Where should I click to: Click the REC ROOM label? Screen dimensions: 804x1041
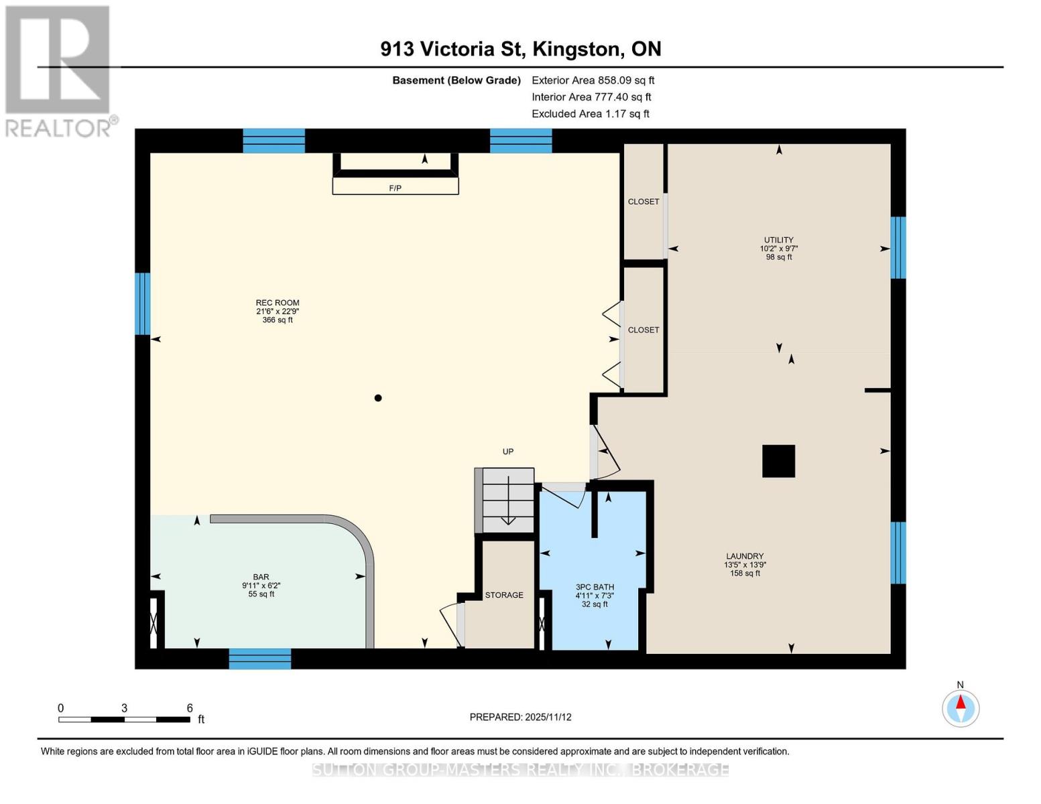(x=277, y=303)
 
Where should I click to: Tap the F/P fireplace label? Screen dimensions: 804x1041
(x=395, y=188)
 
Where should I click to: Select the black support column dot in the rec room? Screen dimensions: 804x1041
(x=378, y=398)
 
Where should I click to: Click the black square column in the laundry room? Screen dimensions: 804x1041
(x=778, y=461)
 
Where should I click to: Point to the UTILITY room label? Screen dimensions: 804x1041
(x=778, y=240)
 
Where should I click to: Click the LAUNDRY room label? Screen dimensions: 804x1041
(x=744, y=556)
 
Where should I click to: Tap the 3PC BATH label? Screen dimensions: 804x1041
(x=595, y=587)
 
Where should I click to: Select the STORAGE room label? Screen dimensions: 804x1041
(x=504, y=595)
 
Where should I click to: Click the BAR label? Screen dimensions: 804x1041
(x=261, y=577)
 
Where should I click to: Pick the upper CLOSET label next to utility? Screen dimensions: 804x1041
(x=643, y=202)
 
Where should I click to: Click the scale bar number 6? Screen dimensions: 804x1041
(x=190, y=708)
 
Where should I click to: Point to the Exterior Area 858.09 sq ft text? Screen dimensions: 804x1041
(x=593, y=80)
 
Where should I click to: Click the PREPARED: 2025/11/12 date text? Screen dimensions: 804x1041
(x=520, y=717)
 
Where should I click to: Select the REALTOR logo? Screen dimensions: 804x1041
(x=59, y=70)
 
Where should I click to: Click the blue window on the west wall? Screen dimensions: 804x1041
(x=142, y=303)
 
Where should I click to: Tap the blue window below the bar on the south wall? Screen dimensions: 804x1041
(x=260, y=658)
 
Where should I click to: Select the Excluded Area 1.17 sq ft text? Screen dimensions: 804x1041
(x=590, y=113)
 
